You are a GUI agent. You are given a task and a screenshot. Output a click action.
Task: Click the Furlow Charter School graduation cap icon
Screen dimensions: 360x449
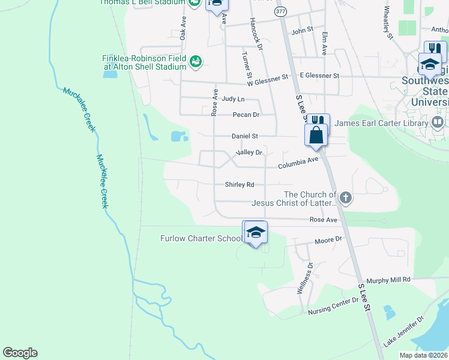tap(256, 233)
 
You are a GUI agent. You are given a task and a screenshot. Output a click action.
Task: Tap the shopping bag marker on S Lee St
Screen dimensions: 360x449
tap(316, 135)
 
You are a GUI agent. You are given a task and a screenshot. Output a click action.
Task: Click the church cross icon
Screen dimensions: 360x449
tap(345, 197)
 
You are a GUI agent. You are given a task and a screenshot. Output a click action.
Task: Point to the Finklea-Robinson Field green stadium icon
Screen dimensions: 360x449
tap(195, 61)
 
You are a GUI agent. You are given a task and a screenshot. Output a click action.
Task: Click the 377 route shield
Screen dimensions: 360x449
tap(280, 11)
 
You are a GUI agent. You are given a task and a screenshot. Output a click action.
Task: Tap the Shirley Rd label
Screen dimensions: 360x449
tap(240, 185)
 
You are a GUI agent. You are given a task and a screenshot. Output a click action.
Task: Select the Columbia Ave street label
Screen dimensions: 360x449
tap(298, 162)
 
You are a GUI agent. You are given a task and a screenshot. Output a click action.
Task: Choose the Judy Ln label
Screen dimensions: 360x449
tap(233, 98)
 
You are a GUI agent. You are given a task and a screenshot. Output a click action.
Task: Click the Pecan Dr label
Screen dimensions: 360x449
tap(246, 115)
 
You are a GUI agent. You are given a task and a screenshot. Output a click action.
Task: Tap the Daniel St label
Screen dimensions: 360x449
tap(244, 136)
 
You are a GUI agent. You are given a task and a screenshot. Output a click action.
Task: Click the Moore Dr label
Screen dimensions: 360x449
tap(328, 240)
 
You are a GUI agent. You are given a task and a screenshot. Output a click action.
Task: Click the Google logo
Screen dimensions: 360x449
tap(20, 353)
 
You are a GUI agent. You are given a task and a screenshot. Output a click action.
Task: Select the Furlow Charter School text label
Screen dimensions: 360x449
tap(200, 238)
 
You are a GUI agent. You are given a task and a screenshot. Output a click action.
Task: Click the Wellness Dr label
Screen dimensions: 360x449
tap(305, 278)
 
